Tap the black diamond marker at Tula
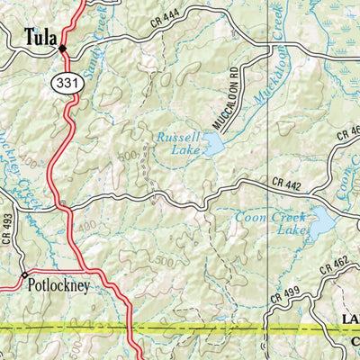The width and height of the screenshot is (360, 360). tap(63, 49)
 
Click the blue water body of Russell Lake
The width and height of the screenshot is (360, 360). tap(212, 144)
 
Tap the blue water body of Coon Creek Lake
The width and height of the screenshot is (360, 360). tap(319, 221)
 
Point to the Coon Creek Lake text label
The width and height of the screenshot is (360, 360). tap(267, 223)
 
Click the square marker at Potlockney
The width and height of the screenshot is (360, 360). tap(24, 274)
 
